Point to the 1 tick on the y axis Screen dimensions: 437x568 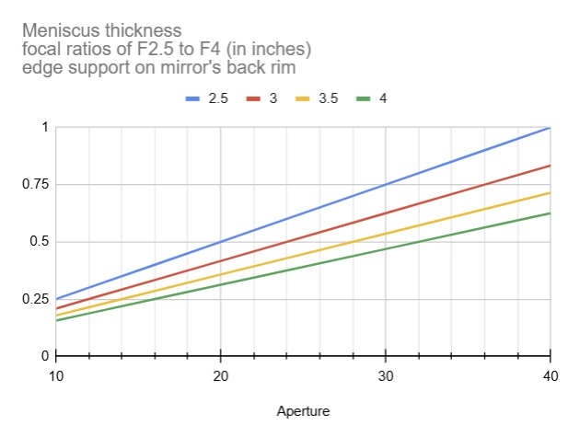(x=41, y=127)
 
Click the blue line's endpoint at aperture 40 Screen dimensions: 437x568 (x=550, y=127)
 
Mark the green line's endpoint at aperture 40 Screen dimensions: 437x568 (x=550, y=213)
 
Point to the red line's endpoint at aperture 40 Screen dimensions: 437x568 (x=550, y=166)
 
